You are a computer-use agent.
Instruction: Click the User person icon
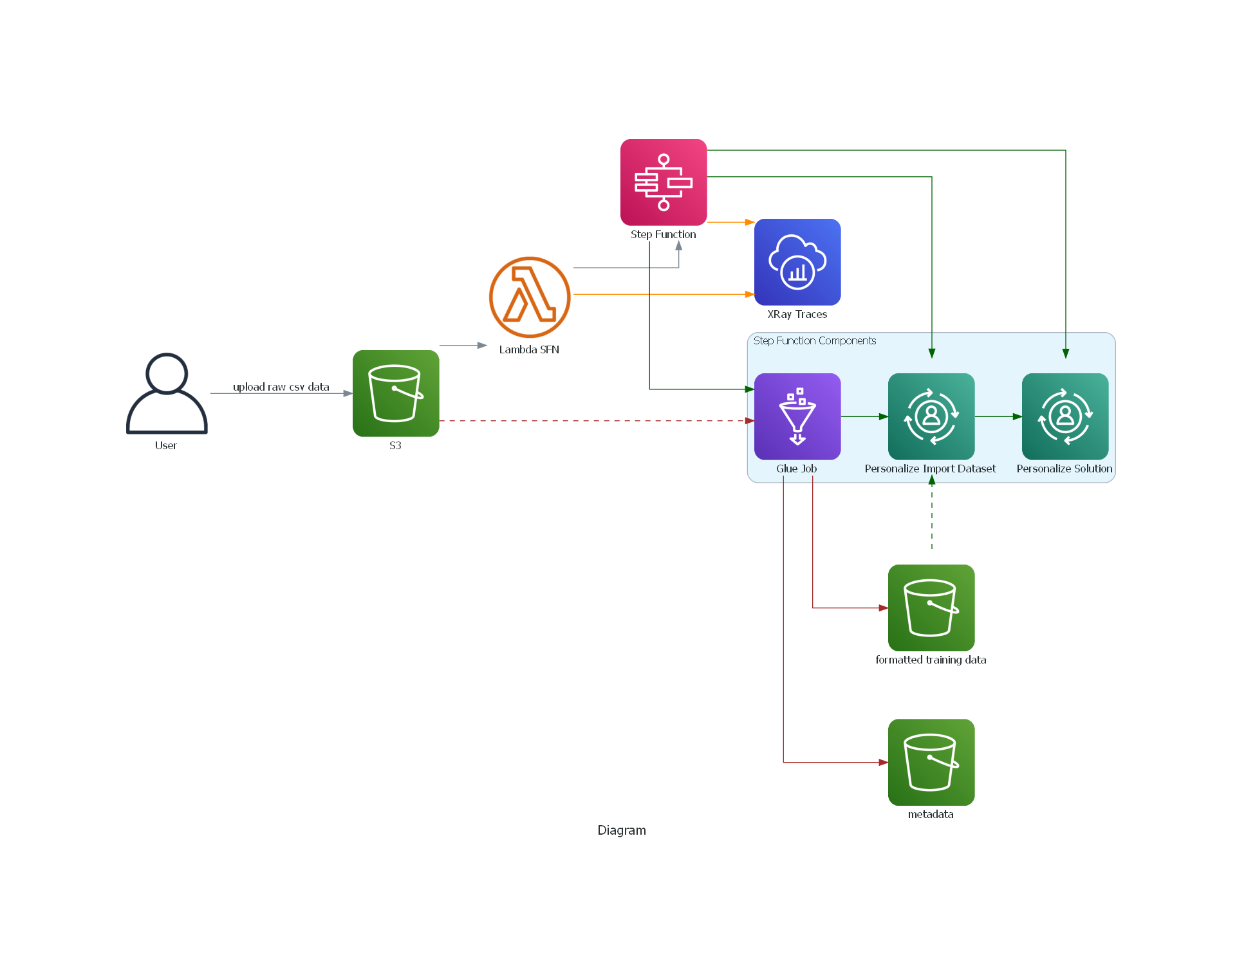point(167,393)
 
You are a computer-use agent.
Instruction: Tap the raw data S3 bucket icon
point(396,393)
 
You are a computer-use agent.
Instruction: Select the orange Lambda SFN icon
point(530,297)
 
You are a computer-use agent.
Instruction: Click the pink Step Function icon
point(664,182)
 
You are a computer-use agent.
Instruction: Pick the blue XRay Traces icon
point(797,262)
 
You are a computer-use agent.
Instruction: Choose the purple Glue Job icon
point(797,416)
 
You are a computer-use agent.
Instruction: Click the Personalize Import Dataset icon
point(931,416)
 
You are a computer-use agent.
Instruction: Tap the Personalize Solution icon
point(1065,416)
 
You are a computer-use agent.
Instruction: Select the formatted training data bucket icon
point(931,608)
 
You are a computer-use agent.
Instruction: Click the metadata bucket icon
point(931,762)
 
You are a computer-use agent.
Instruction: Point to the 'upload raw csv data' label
point(281,387)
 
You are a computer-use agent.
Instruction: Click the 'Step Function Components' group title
point(815,340)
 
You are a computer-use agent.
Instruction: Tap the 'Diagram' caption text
point(622,830)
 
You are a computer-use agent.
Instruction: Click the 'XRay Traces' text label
point(797,314)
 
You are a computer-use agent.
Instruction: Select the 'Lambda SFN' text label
point(529,349)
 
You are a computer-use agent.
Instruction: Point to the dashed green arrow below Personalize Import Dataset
point(932,515)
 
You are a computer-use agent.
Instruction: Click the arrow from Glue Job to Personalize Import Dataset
point(864,416)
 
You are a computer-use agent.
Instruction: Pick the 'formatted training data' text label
point(931,660)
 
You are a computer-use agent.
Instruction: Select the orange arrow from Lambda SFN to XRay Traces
point(663,294)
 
